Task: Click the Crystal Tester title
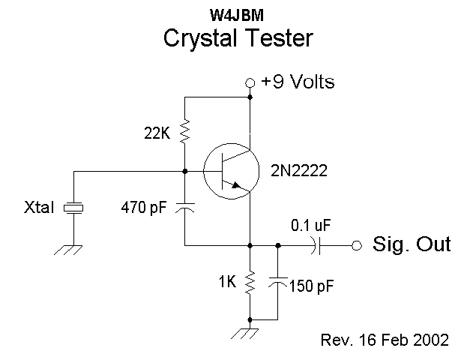(x=238, y=37)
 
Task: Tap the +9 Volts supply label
(x=298, y=82)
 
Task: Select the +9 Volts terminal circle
(x=250, y=82)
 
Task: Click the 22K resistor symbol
(x=184, y=132)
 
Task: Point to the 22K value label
(x=157, y=133)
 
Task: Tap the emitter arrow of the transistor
(x=238, y=186)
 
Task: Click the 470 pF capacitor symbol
(x=184, y=207)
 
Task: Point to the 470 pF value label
(x=144, y=208)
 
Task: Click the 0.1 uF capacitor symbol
(x=321, y=244)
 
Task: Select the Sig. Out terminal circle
(x=357, y=244)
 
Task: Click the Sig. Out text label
(x=412, y=244)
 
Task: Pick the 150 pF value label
(x=310, y=286)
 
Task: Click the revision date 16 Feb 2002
(x=385, y=340)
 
